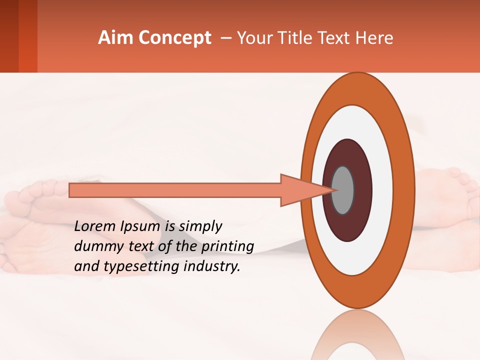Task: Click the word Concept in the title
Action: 174,38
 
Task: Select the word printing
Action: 227,246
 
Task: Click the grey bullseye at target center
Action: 342,190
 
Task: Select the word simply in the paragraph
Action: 199,226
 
